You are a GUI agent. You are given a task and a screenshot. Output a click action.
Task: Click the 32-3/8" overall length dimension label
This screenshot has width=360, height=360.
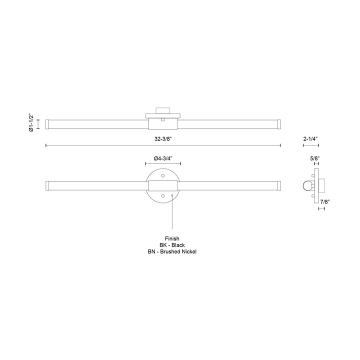163,139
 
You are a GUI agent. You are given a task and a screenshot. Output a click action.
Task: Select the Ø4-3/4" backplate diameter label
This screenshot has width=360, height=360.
163,158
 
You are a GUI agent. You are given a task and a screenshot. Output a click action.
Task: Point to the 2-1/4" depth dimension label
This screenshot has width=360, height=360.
310,139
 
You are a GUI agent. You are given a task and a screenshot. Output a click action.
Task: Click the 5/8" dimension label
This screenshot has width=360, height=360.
315,158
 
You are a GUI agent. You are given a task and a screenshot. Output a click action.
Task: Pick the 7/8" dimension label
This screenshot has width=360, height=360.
325,202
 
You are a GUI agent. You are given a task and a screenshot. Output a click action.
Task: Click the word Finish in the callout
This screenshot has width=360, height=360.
172,238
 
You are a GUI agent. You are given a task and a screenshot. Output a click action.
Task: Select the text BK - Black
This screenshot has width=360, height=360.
172,245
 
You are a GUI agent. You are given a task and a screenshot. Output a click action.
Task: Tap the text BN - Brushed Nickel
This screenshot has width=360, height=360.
172,251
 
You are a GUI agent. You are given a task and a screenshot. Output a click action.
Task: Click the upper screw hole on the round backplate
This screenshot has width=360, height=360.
163,176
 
